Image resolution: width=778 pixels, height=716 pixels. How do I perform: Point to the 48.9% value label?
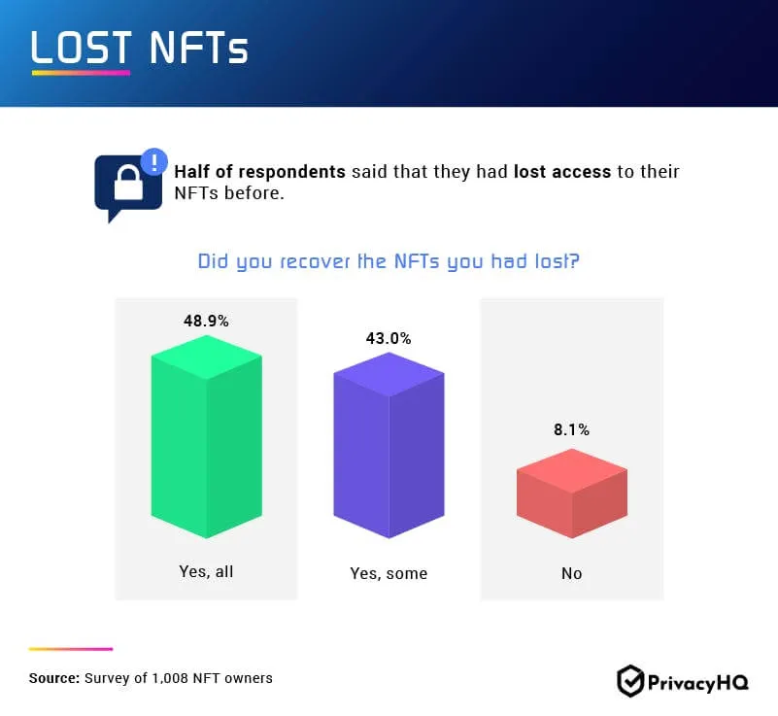coord(206,321)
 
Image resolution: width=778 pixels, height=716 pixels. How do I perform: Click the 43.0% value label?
coord(389,339)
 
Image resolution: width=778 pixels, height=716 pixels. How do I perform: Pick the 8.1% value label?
coord(571,429)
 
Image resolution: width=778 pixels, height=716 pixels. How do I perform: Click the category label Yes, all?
coord(206,571)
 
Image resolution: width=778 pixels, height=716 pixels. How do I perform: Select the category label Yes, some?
coord(389,573)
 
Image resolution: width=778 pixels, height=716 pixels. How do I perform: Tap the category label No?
coord(571,573)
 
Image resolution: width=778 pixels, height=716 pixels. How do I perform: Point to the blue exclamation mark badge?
coord(153,160)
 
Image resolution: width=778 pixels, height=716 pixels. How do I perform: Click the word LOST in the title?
coord(82,49)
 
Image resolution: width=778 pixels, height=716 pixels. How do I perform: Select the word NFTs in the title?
coord(198,49)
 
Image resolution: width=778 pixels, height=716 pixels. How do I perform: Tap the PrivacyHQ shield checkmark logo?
coord(630,681)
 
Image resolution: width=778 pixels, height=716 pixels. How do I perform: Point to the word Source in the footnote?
coord(53,678)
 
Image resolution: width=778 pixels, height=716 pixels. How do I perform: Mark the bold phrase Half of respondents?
coord(259,172)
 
